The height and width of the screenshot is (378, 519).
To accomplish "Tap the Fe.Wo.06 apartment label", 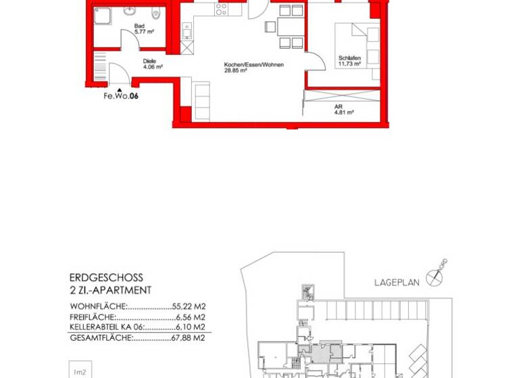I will coord(121,97).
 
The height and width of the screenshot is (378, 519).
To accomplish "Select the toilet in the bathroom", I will coord(156,13).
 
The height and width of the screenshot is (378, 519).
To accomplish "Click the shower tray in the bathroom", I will coord(103,16).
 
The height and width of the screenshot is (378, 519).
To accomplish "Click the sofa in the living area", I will coord(201,102).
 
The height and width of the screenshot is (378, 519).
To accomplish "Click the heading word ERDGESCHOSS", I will coord(106,277).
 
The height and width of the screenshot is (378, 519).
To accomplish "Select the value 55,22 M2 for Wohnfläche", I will coord(189,306).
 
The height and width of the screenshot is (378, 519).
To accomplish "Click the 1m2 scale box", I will coord(80,371).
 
